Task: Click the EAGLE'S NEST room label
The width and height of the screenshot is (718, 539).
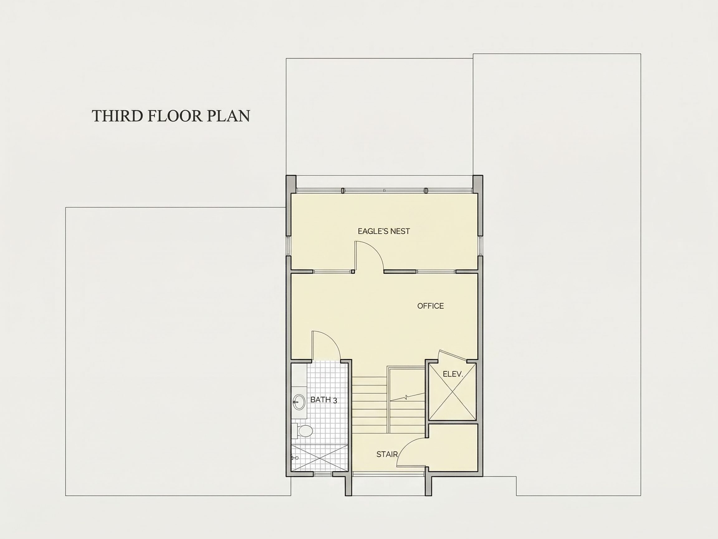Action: pos(384,231)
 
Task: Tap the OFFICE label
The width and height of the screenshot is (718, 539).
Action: pos(430,306)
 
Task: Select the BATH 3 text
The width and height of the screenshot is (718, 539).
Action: pos(323,400)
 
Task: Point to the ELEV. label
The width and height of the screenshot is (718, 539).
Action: pos(453,374)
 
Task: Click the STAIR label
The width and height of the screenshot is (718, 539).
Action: pos(387,454)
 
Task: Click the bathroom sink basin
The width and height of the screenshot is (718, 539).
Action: pos(299,402)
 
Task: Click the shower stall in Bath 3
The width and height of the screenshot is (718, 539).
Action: pos(320,458)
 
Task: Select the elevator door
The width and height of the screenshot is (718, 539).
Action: pos(452,355)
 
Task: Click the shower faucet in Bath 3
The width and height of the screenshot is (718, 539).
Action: pos(294,458)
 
